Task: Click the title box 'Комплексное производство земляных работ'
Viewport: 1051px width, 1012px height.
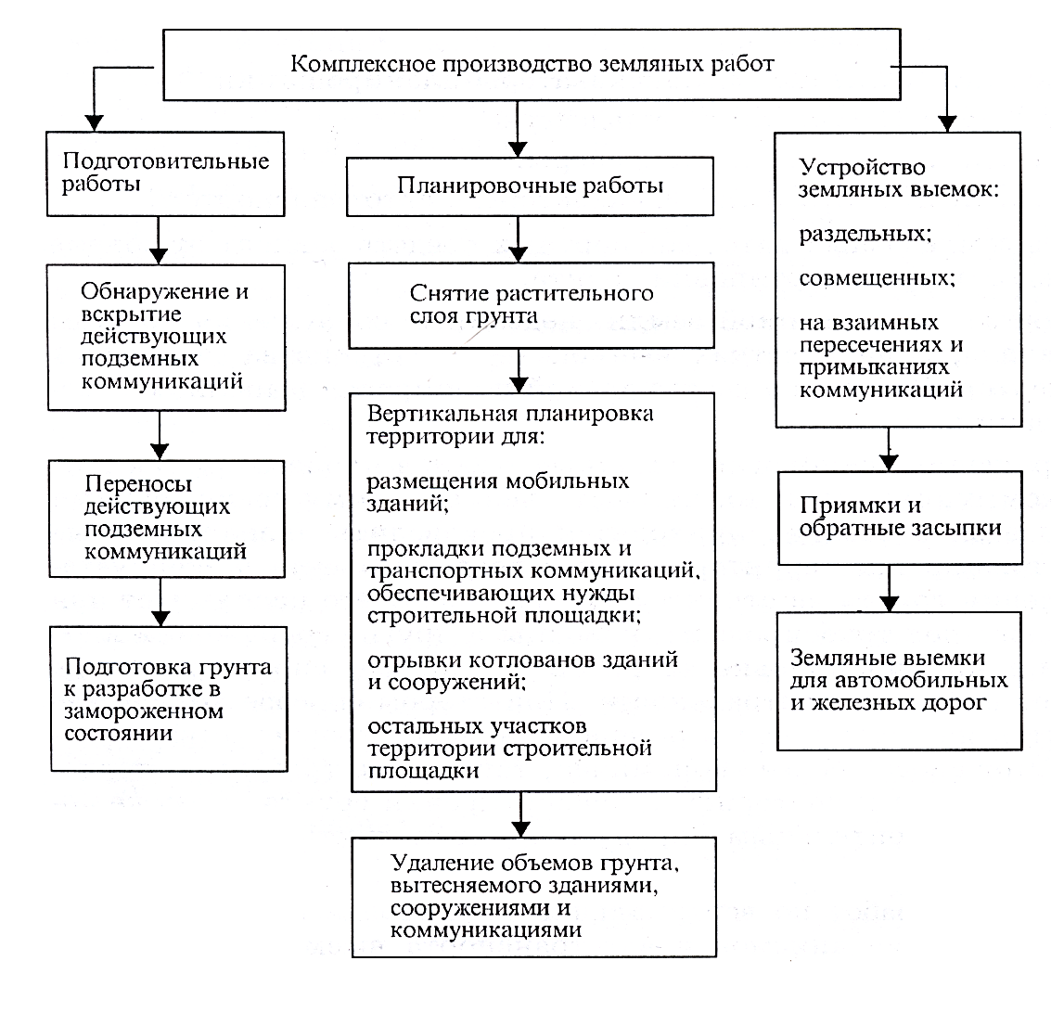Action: (x=532, y=64)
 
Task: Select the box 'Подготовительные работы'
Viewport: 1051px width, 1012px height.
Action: (x=165, y=173)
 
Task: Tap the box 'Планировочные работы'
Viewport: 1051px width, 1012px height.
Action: (x=530, y=186)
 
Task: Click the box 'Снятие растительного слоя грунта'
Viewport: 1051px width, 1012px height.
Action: (x=531, y=305)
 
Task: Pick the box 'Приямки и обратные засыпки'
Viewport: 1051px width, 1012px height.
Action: (x=900, y=518)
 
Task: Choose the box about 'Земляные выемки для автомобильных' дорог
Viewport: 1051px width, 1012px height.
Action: (x=900, y=681)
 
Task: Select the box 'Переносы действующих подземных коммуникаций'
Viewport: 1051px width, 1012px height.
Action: (x=167, y=519)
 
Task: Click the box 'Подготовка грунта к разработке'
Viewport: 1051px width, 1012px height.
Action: (x=169, y=699)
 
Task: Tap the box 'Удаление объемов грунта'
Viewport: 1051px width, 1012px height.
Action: (x=534, y=897)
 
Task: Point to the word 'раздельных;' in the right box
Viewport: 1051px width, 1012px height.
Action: (x=865, y=234)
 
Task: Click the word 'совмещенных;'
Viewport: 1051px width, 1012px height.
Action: (x=878, y=278)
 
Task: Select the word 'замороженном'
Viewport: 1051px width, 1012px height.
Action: (x=144, y=711)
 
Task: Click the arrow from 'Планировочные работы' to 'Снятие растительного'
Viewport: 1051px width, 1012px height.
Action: (x=519, y=239)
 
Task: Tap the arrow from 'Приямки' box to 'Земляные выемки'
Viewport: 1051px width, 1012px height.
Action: (x=889, y=588)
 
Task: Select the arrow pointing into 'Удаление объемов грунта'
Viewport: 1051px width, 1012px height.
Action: (x=520, y=815)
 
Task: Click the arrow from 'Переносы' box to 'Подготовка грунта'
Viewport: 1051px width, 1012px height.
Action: (x=160, y=603)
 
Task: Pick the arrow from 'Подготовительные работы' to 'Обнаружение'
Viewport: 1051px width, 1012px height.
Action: (x=159, y=240)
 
